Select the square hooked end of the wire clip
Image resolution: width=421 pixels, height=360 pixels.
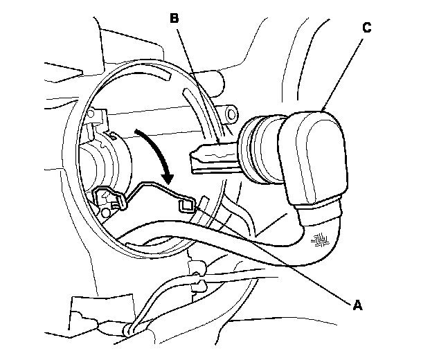coord(186,206)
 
